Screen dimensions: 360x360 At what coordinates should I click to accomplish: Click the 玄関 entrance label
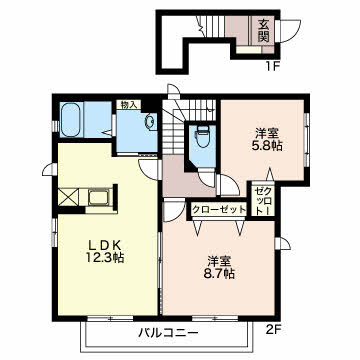click(x=263, y=30)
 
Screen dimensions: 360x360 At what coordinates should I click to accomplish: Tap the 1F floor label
click(x=272, y=67)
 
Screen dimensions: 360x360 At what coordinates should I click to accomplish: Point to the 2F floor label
click(x=274, y=330)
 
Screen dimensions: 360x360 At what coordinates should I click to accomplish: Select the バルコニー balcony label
click(x=169, y=332)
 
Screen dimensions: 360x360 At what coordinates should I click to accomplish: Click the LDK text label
click(x=103, y=245)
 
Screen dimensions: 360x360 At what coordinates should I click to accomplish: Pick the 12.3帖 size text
click(x=105, y=258)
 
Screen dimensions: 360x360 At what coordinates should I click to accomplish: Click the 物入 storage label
click(x=129, y=105)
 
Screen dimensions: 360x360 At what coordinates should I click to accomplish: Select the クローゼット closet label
click(x=219, y=210)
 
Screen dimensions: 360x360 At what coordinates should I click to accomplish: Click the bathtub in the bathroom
click(x=71, y=119)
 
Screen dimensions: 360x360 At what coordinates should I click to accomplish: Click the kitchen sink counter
click(x=99, y=199)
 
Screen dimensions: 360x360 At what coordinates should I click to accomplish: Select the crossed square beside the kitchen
click(x=68, y=197)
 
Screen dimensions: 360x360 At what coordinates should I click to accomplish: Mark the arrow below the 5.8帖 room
click(x=270, y=175)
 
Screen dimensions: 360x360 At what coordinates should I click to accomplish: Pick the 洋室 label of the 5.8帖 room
click(x=267, y=134)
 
